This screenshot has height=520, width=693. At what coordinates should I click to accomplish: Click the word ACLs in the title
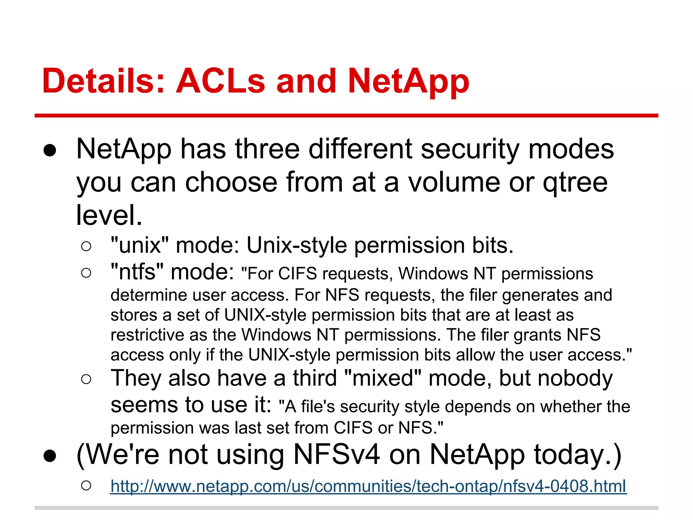220,81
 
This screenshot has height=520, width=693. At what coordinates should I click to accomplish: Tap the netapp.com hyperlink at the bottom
368,486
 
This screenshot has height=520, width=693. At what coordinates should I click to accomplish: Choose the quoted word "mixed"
382,378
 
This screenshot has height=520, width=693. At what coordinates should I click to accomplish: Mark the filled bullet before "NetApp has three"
50,151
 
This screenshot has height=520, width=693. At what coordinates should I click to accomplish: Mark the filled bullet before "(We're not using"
50,456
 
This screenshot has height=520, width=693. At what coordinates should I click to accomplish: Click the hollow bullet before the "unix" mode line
86,246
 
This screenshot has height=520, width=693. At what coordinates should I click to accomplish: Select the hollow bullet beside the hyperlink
86,486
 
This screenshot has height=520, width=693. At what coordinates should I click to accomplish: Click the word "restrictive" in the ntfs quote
147,335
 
